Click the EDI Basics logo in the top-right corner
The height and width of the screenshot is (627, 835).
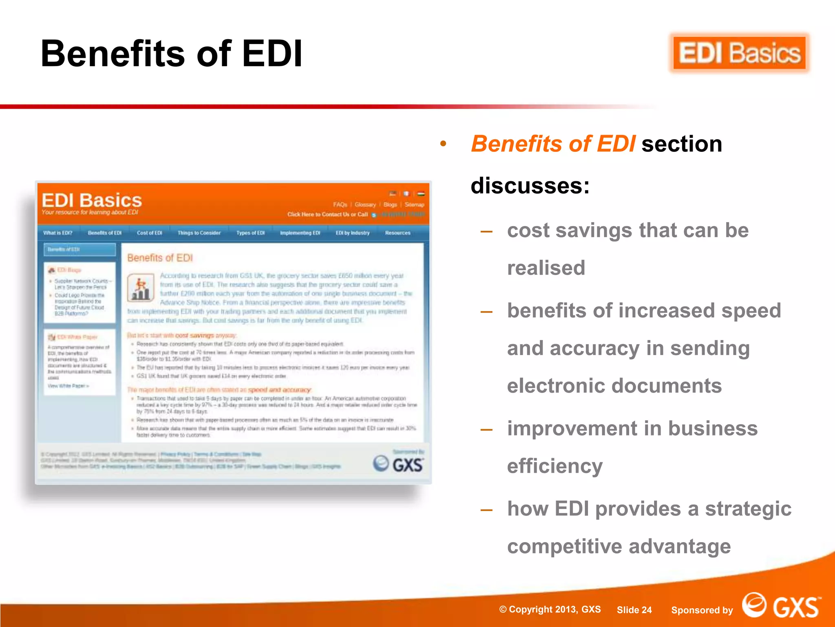pos(739,53)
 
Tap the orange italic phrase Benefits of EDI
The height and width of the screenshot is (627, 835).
pos(553,144)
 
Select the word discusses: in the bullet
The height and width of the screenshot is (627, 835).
pos(530,186)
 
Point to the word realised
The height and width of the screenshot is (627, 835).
pos(546,268)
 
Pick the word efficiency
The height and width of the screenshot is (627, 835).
pos(554,466)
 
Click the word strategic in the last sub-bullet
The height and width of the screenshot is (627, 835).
pos(748,509)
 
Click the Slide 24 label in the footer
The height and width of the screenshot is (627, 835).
pos(634,610)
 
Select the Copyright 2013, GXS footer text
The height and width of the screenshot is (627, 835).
pos(550,609)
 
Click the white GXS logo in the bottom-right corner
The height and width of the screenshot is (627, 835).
pos(781,605)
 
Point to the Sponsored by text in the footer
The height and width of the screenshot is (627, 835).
pos(702,610)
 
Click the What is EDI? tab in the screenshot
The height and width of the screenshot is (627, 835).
pos(58,233)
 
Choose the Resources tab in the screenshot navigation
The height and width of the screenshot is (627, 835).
pos(398,233)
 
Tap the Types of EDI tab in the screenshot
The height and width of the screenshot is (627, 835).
pos(250,233)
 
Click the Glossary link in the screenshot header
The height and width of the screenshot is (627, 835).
pos(365,205)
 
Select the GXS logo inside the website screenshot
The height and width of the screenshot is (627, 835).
pos(398,464)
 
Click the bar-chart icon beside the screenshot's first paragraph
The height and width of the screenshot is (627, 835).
pos(141,288)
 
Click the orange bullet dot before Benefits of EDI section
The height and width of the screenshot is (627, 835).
pos(443,144)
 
